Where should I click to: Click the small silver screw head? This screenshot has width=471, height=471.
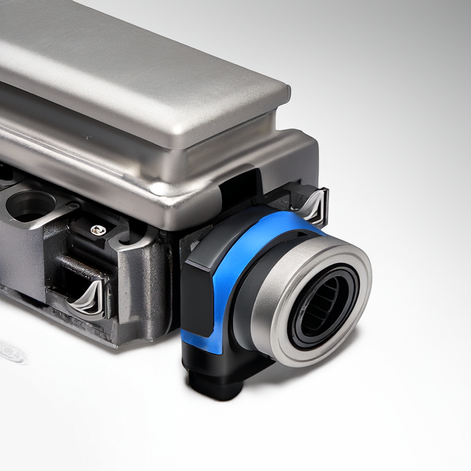pyautogui.click(x=98, y=230)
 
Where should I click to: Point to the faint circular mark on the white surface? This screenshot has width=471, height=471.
pyautogui.click(x=11, y=352)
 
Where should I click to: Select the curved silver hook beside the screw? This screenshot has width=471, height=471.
pyautogui.click(x=132, y=239)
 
